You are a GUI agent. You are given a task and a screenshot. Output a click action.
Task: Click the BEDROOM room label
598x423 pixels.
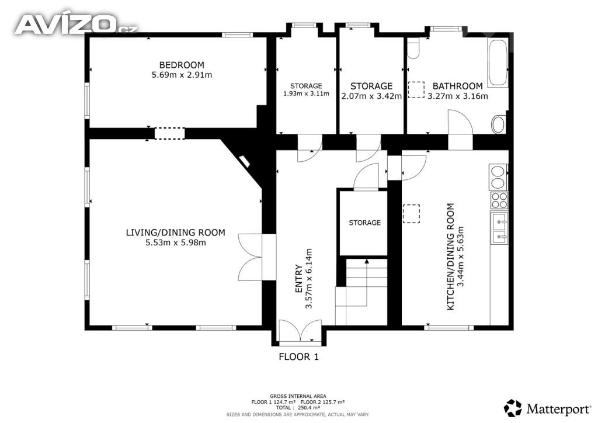click(182, 65)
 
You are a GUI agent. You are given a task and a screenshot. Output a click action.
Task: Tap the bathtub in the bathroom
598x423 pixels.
click(498, 63)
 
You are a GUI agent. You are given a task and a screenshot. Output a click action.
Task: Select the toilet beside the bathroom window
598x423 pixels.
click(413, 48)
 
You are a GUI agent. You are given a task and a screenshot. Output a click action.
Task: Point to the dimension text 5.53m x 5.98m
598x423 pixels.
click(176, 242)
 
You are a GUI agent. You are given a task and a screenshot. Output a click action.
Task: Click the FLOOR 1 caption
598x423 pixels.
click(298, 356)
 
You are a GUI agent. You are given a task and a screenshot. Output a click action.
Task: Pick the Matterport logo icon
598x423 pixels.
click(513, 408)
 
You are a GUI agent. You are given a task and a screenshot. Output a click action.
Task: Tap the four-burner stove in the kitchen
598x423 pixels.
click(499, 200)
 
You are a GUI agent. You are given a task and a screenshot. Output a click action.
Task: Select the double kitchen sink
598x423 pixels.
click(500, 228)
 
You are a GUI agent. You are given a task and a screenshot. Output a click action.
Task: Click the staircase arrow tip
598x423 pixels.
click(367, 261)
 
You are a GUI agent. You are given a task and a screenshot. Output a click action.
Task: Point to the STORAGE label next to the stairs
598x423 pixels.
click(364, 223)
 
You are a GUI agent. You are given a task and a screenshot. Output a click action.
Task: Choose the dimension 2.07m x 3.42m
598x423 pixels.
click(371, 96)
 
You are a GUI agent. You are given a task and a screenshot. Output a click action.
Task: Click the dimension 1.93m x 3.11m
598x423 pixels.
click(306, 93)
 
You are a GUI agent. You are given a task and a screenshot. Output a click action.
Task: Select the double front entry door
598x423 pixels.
click(301, 330)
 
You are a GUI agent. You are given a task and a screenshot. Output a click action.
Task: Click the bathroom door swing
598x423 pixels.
click(460, 122)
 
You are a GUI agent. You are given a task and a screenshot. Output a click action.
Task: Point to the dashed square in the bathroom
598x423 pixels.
click(416, 89)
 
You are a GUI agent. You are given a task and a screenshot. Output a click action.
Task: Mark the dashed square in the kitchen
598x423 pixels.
click(411, 214)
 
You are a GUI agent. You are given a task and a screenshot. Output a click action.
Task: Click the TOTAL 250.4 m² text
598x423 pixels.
click(298, 408)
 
